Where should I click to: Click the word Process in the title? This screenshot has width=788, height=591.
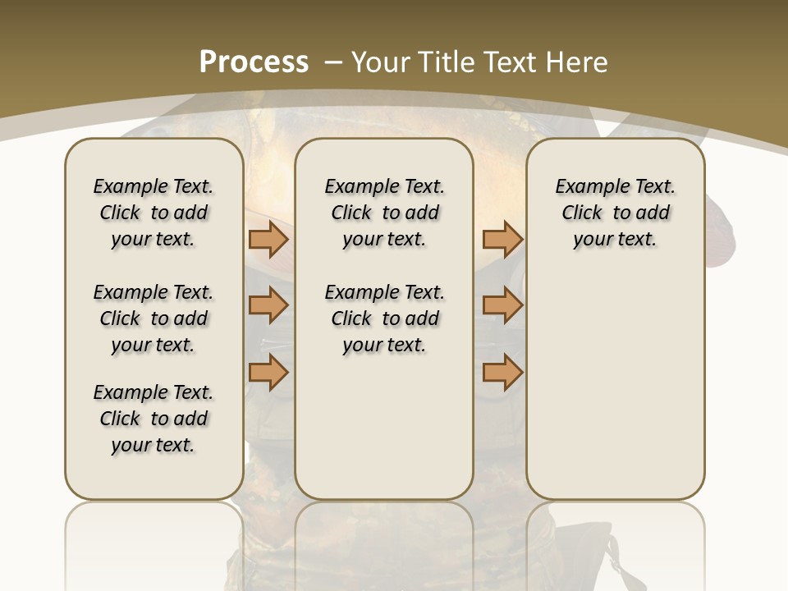click(254, 62)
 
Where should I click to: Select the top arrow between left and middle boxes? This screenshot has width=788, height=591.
click(268, 239)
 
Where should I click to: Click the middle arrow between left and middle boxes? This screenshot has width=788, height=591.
click(268, 305)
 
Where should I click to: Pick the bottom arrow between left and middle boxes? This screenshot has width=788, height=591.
click(268, 372)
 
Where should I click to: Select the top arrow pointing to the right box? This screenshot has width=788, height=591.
click(502, 239)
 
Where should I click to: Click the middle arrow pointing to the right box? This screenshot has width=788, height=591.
click(502, 305)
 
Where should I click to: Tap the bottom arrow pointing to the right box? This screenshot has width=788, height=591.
click(502, 372)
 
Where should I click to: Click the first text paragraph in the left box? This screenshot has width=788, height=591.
click(153, 213)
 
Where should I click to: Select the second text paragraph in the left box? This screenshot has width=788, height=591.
click(153, 318)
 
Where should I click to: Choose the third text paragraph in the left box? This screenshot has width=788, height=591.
click(153, 419)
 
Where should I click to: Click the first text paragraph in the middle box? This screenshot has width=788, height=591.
click(384, 213)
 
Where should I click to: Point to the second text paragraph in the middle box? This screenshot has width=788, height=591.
click(384, 318)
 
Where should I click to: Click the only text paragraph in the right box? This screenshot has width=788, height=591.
click(615, 213)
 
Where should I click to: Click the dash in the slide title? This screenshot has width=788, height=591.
click(333, 62)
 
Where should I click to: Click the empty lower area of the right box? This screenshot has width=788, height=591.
click(615, 386)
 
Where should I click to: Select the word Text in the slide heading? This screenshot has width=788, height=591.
click(511, 62)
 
